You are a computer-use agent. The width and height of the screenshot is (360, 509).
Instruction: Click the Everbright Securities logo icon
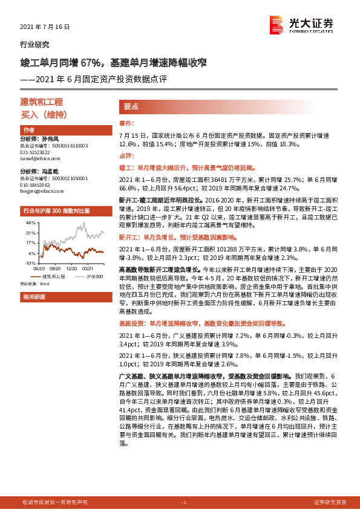[x=278, y=24]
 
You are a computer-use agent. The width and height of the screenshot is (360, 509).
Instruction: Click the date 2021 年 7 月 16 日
[x=45, y=27]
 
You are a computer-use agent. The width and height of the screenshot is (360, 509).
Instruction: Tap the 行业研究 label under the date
[x=35, y=45]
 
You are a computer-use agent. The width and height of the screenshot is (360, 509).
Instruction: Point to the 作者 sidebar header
[x=28, y=131]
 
